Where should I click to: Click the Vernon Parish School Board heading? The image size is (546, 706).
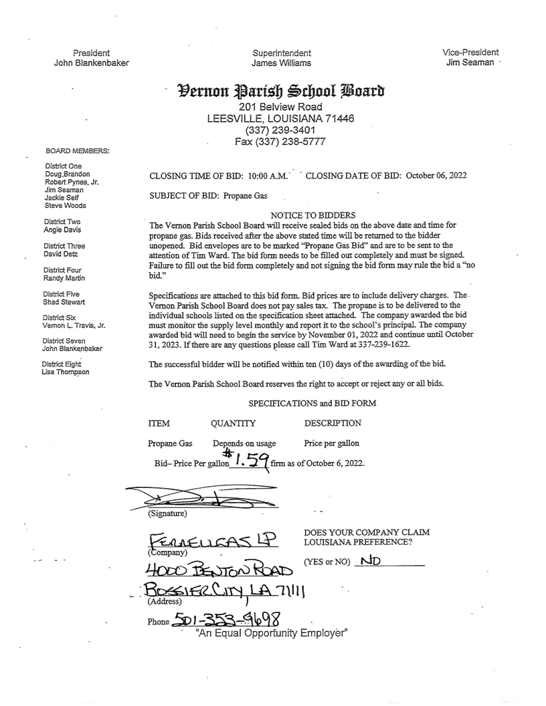(280, 90)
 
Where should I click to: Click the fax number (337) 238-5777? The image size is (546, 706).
(280, 142)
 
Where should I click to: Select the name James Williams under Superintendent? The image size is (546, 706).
(281, 63)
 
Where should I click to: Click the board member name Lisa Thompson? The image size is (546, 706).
(65, 372)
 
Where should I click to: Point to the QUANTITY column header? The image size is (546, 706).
(233, 423)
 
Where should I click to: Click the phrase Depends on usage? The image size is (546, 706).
(240, 443)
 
